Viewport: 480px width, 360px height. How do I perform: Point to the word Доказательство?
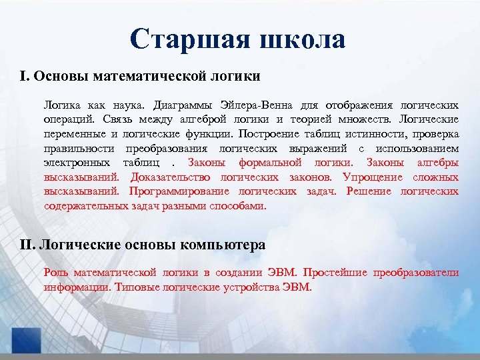[x=171, y=177]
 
